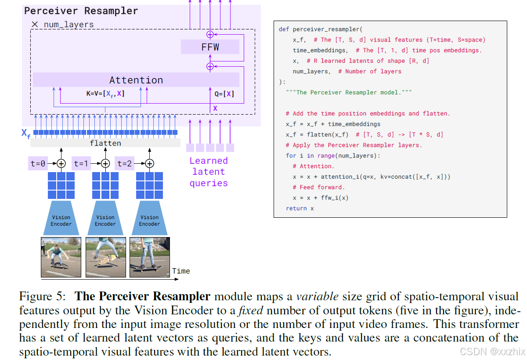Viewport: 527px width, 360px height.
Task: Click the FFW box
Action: (210, 47)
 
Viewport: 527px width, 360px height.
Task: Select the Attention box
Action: (136, 80)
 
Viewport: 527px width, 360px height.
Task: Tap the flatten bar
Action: (105, 143)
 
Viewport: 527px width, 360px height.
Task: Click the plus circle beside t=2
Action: (149, 164)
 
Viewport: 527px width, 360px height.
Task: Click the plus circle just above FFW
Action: (210, 34)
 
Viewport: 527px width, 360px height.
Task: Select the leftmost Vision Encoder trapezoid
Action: (61, 218)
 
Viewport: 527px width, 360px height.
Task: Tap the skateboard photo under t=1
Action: (105, 257)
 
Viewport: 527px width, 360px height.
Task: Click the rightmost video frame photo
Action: (149, 257)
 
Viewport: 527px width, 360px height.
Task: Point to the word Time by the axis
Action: (181, 271)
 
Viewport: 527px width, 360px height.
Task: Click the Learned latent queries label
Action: (209, 172)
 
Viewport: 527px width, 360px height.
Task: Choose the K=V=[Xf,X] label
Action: (105, 94)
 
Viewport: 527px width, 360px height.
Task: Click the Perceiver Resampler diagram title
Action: (81, 11)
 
